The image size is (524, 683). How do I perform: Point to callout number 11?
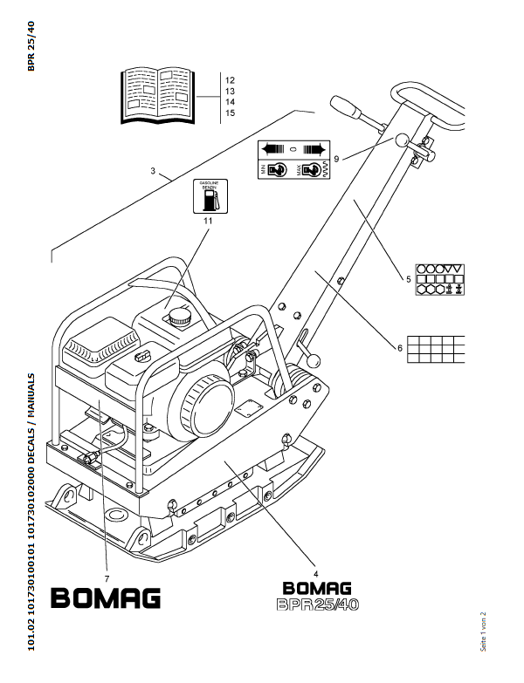[x=208, y=222]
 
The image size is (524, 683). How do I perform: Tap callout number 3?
[x=153, y=171]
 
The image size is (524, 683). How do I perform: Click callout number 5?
[x=408, y=279]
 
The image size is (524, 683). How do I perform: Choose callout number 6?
[x=400, y=348]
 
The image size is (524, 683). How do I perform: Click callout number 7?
[x=106, y=578]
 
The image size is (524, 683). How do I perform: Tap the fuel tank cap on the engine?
[x=182, y=314]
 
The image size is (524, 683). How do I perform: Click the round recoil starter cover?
[x=204, y=406]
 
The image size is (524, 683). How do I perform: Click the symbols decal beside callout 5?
[x=440, y=279]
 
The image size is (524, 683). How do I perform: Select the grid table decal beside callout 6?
[x=437, y=347]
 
